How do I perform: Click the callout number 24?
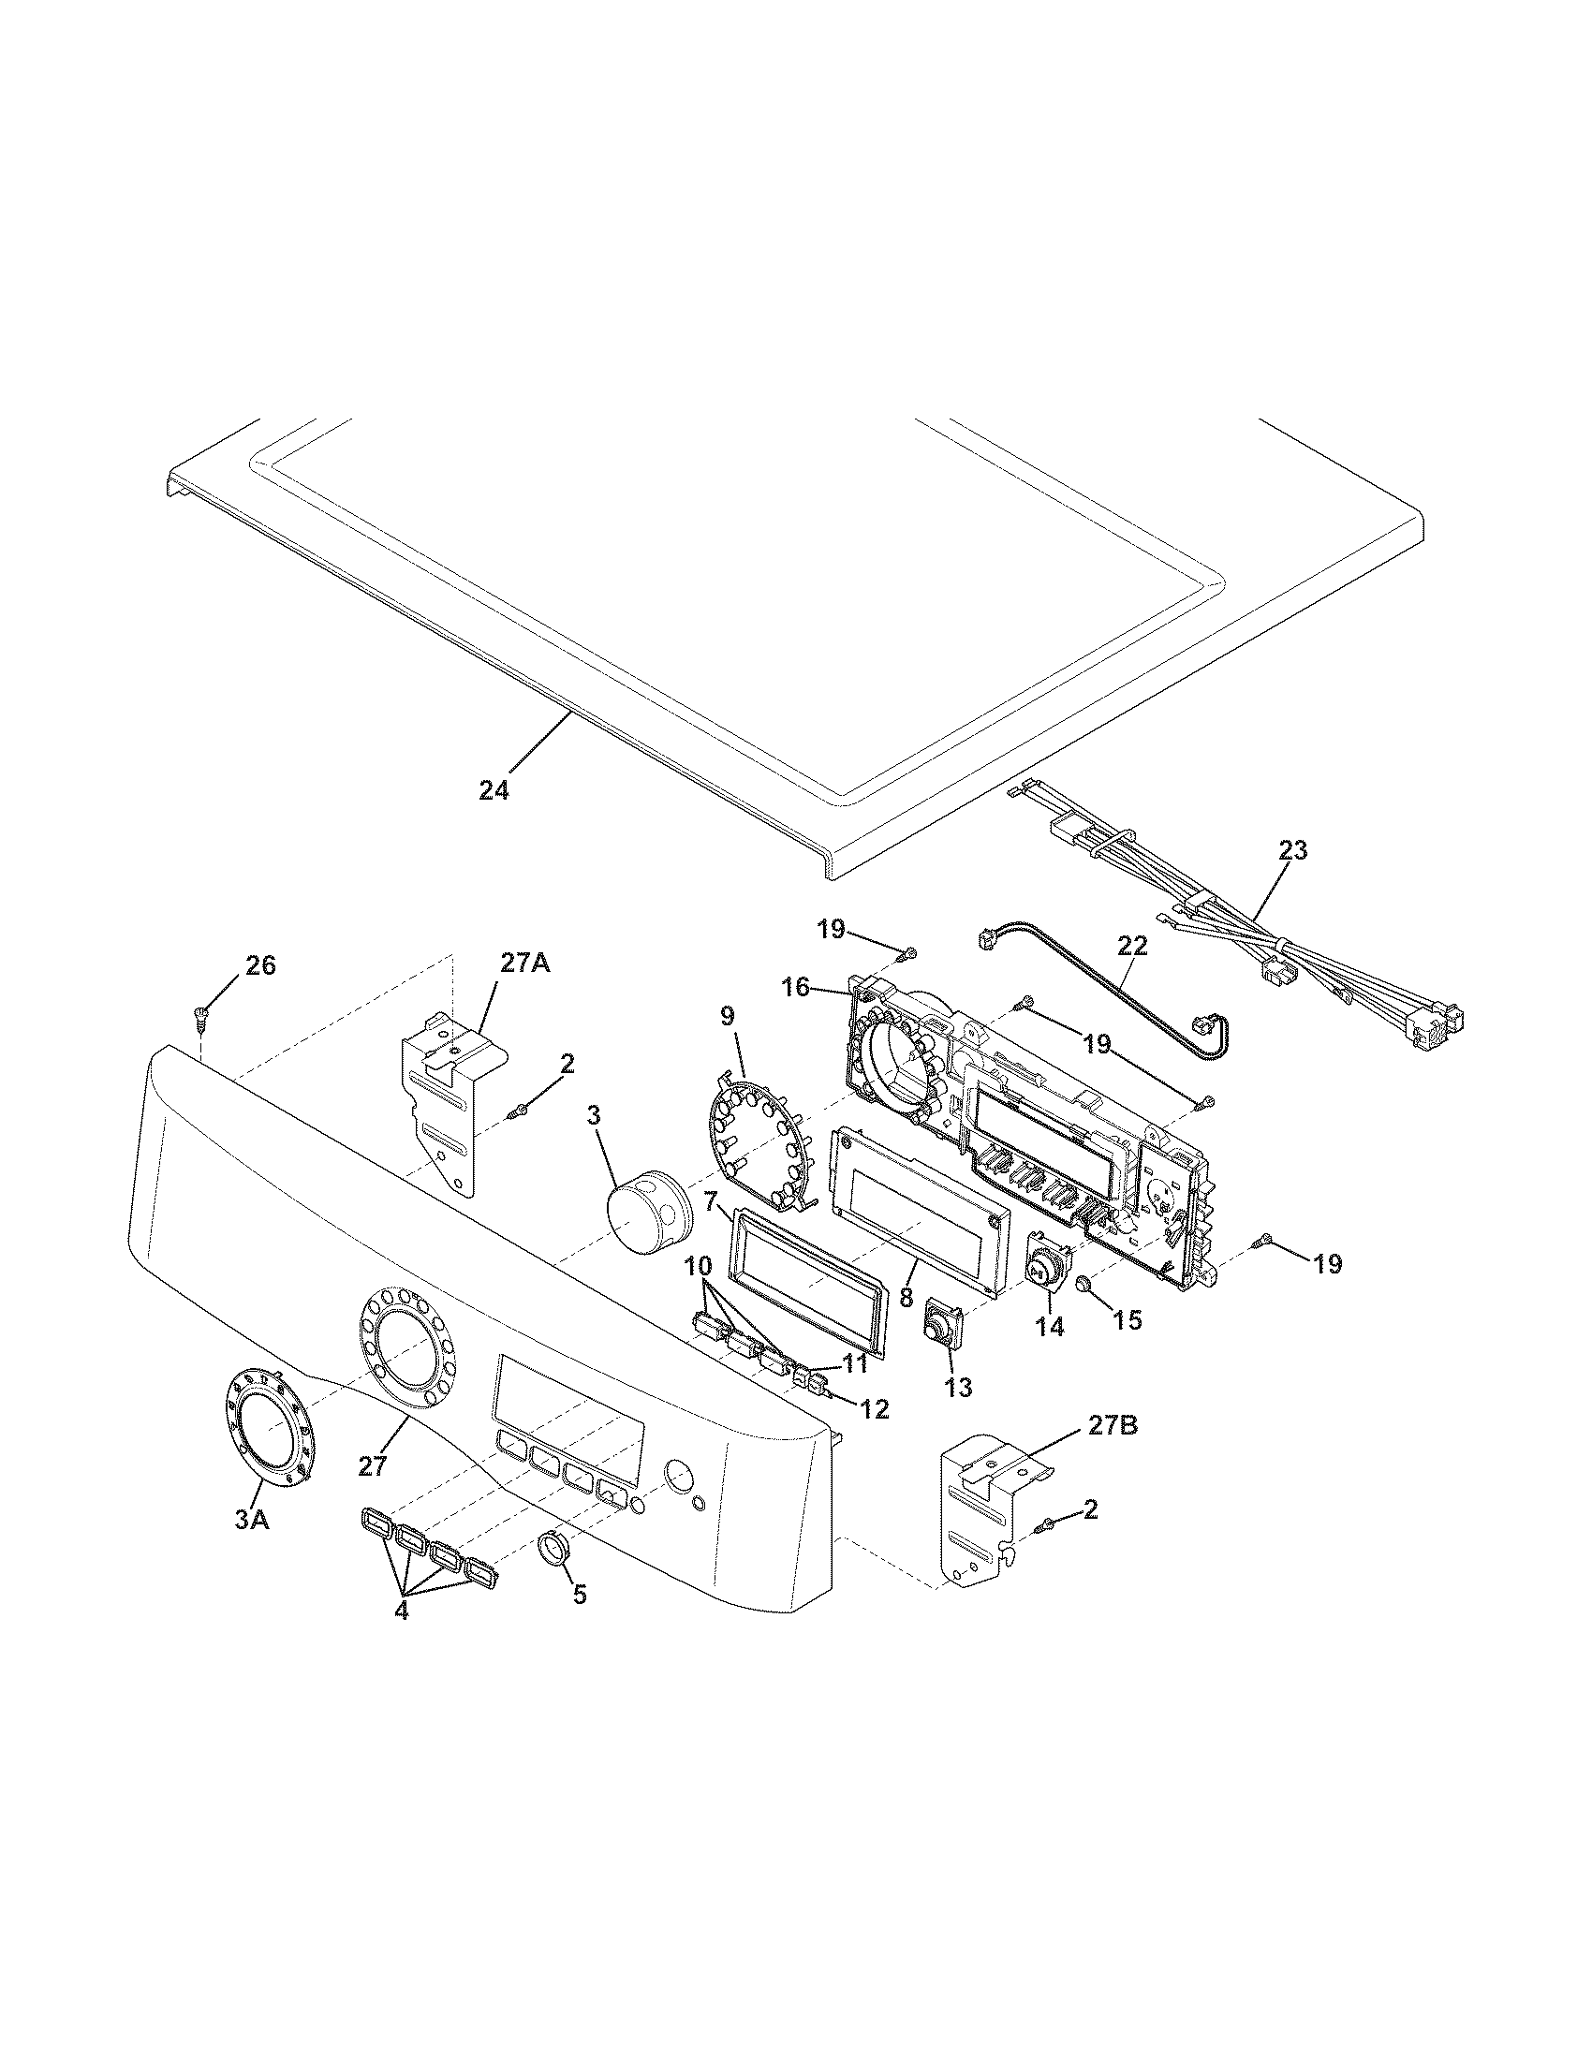494,790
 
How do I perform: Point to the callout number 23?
1293,850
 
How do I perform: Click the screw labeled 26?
202,1015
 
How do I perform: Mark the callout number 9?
726,1017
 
